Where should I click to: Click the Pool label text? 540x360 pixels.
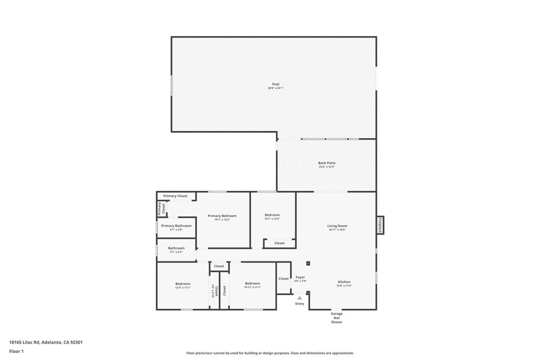(275, 84)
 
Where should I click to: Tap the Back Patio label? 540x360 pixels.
(326, 163)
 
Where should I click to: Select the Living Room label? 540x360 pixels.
(337, 226)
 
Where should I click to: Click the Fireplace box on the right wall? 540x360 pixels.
(380, 225)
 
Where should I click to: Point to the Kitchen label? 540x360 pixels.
(344, 282)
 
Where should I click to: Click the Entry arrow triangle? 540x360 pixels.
(300, 298)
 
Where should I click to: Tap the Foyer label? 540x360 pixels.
(300, 277)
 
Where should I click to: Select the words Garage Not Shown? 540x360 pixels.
(336, 318)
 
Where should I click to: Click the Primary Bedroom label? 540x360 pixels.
(222, 216)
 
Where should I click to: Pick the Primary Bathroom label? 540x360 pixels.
(176, 226)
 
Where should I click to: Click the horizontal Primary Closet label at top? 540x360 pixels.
(175, 196)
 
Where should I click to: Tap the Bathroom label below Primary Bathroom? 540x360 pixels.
(176, 248)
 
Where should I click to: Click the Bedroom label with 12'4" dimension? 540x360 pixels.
(183, 284)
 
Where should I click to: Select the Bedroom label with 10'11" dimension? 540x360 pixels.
(252, 284)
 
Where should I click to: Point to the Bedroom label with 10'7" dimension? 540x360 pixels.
(272, 215)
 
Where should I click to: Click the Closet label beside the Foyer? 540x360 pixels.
(284, 278)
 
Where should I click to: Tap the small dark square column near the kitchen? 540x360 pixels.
(308, 263)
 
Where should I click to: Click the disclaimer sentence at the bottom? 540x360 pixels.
(269, 353)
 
